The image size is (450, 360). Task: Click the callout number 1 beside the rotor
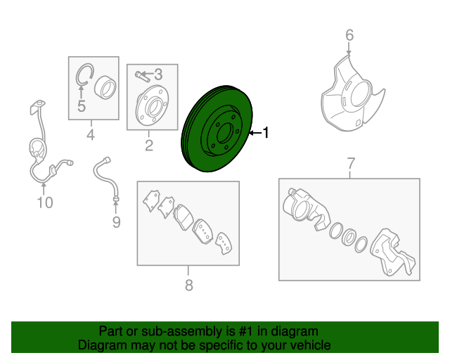(266, 133)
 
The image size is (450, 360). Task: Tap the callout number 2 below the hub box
(149, 146)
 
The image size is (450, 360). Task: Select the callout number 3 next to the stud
(158, 75)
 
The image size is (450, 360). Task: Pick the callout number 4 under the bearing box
(91, 134)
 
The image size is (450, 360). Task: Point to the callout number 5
(82, 106)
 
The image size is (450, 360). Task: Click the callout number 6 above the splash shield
(349, 35)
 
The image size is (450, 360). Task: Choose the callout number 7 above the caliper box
(351, 164)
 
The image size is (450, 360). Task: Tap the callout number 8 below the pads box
(188, 285)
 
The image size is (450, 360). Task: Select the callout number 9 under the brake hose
(116, 222)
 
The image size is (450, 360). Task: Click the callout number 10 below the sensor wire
(45, 202)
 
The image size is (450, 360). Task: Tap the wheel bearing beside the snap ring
(105, 88)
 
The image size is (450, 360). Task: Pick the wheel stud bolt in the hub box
(141, 77)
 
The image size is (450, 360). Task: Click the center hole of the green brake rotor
(225, 133)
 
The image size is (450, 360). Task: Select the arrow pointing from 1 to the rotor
(255, 133)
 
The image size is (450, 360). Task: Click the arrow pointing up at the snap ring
(82, 92)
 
